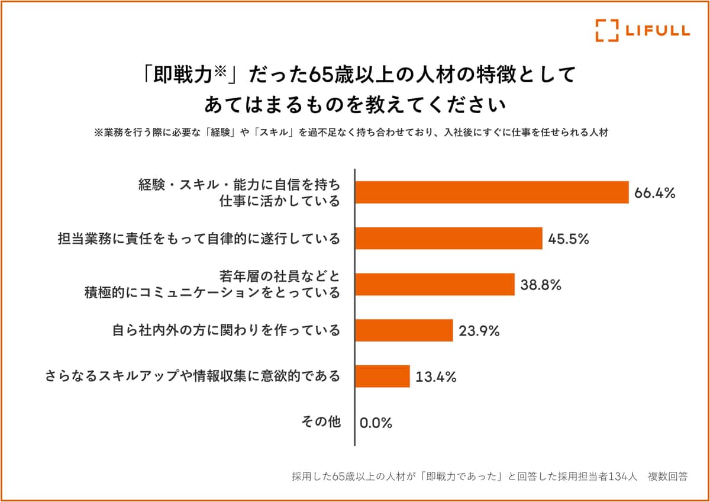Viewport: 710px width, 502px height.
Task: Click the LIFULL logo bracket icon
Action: coord(607,31)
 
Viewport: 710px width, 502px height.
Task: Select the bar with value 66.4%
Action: coord(492,192)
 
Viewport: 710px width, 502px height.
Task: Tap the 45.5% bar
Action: coord(448,239)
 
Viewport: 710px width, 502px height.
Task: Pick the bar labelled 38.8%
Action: coord(435,284)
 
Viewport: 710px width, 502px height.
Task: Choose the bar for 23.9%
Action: coord(404,330)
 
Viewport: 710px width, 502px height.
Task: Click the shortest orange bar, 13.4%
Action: coord(383,376)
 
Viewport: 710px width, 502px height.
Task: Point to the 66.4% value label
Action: coord(655,193)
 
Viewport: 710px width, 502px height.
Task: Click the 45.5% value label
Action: coord(569,239)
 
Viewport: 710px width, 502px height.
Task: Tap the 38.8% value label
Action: coord(541,285)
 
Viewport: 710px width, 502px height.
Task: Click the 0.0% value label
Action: coord(376,423)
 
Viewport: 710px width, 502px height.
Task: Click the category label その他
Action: coord(321,422)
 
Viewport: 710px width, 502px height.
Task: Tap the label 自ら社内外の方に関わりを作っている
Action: coord(227,330)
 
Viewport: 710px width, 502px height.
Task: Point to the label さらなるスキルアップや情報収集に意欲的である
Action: coord(193,376)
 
